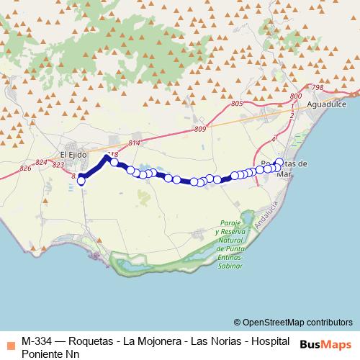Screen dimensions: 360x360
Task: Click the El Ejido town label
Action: (73, 153)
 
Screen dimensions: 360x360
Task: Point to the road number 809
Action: (199, 129)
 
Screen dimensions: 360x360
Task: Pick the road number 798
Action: (318, 87)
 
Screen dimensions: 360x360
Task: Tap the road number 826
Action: (26, 168)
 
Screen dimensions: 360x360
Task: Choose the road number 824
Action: (42, 163)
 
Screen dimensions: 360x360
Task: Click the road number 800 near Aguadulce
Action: (294, 96)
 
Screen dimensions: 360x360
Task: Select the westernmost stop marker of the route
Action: (81, 181)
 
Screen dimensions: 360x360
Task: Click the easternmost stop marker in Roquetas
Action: (279, 163)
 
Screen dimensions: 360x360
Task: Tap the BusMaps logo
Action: (325, 343)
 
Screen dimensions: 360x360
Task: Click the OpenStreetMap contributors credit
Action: (293, 322)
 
